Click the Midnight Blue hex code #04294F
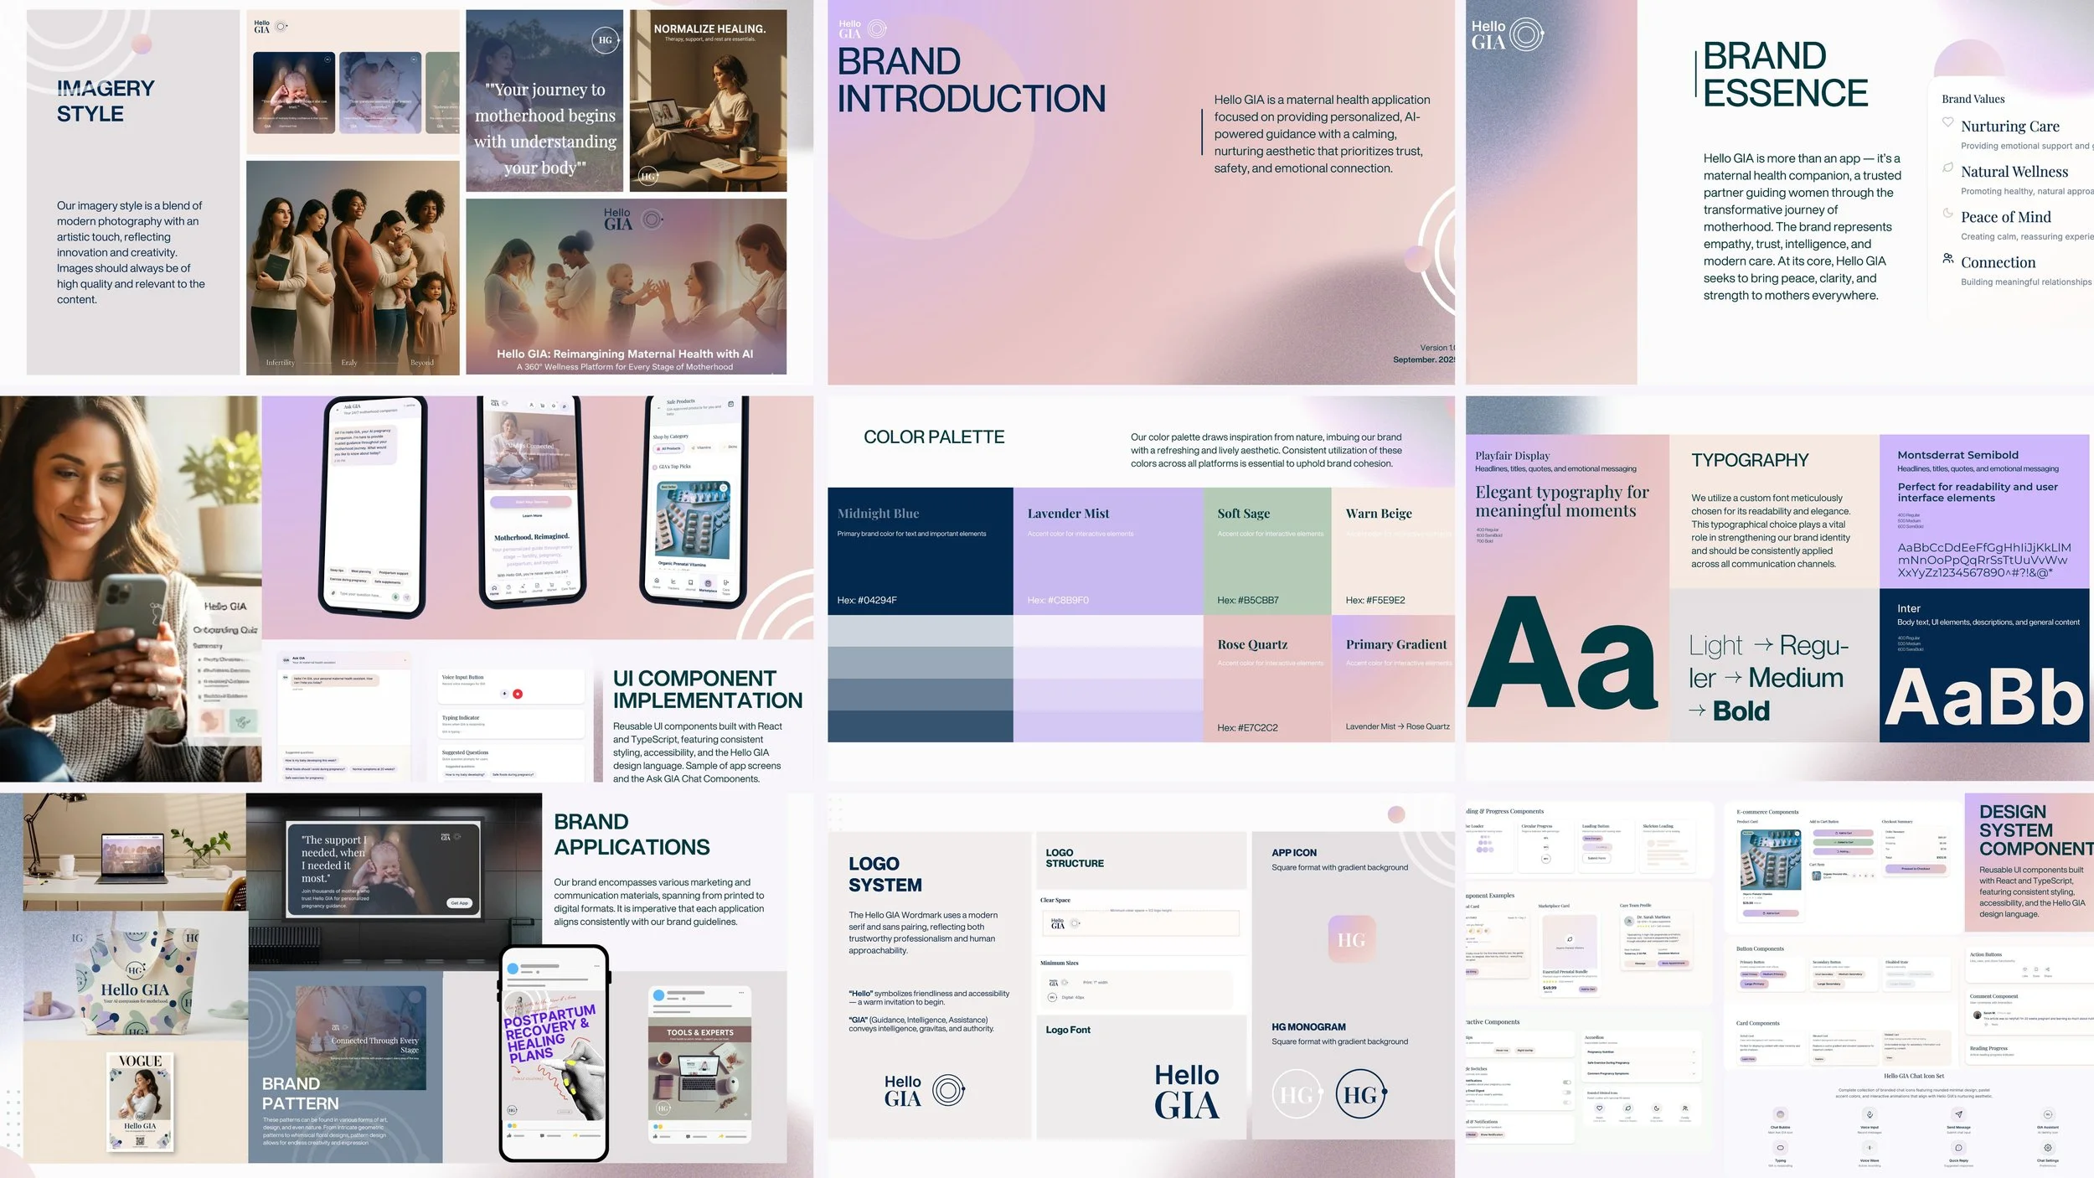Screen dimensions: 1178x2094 (x=867, y=601)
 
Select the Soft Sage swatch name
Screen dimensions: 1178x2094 (x=1244, y=514)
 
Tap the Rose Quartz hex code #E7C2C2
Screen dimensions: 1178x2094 (x=1247, y=728)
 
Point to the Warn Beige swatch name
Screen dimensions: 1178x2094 (x=1379, y=514)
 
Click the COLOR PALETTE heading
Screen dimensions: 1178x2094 (x=934, y=437)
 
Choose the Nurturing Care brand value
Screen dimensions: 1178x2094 (x=2009, y=127)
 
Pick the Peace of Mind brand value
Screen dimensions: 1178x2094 (x=2005, y=217)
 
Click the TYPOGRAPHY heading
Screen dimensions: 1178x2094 (x=1750, y=460)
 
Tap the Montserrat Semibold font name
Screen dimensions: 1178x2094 (x=1957, y=455)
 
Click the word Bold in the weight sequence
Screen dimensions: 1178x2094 (x=1741, y=711)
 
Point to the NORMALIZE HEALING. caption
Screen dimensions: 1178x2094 (x=709, y=28)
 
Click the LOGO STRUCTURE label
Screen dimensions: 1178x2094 (x=1075, y=858)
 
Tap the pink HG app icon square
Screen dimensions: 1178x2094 (x=1351, y=940)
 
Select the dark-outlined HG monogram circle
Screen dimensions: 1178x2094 (x=1361, y=1094)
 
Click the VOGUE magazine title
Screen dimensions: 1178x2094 (x=140, y=1062)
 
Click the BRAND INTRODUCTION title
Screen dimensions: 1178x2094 (x=971, y=80)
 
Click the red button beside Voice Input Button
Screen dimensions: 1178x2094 (x=518, y=694)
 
